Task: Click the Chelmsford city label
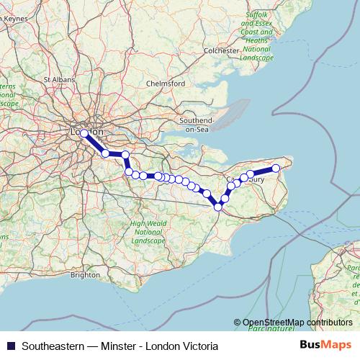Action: point(166,84)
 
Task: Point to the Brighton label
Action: point(86,274)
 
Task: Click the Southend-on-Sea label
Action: point(197,123)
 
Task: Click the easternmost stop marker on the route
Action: point(276,168)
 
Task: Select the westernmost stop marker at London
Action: point(84,134)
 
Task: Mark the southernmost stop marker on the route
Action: point(218,207)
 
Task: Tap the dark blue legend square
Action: point(10,346)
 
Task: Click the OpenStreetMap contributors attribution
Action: point(297,323)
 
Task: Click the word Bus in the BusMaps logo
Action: point(316,345)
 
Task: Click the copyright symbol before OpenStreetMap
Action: point(238,323)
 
